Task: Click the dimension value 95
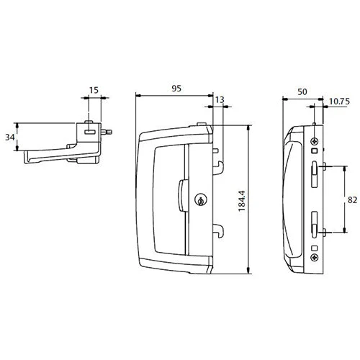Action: click(x=175, y=88)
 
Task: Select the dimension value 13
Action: click(x=219, y=103)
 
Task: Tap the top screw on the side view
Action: click(x=315, y=142)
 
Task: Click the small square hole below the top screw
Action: click(x=315, y=152)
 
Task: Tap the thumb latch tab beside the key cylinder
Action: click(x=179, y=195)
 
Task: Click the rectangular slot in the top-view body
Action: click(x=89, y=132)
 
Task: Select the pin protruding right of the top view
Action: click(x=108, y=132)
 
